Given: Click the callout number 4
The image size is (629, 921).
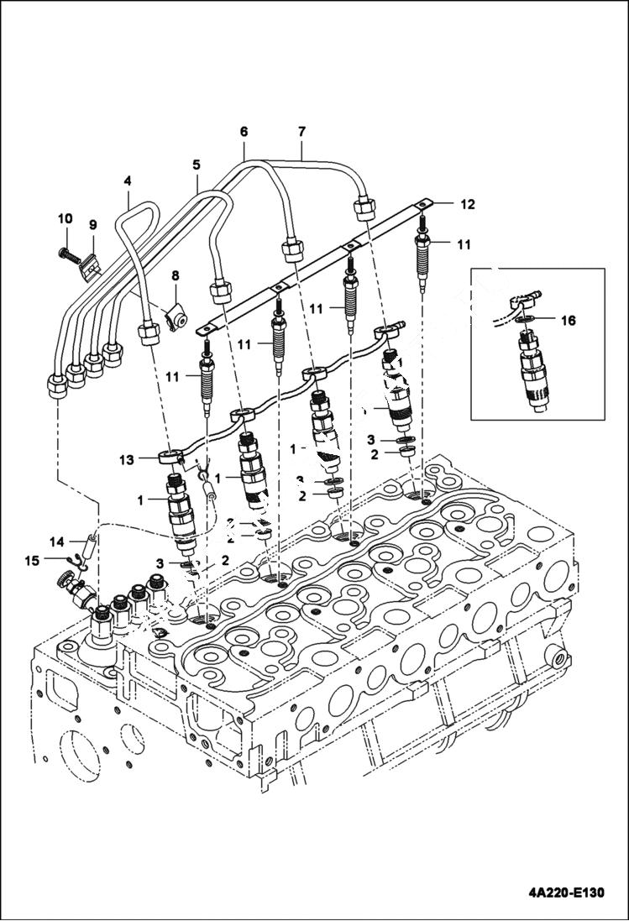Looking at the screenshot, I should pyautogui.click(x=128, y=180).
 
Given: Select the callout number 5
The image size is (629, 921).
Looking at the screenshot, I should pyautogui.click(x=196, y=164).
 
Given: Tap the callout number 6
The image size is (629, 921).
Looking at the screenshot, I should pyautogui.click(x=244, y=132).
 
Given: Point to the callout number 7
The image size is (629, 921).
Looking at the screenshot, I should pyautogui.click(x=301, y=132).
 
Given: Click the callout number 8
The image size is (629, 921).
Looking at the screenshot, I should pyautogui.click(x=176, y=275).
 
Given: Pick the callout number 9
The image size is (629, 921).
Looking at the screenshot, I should pyautogui.click(x=92, y=225).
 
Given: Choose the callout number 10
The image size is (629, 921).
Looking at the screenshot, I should pyautogui.click(x=65, y=218).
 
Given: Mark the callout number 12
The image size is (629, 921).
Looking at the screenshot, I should pyautogui.click(x=466, y=204).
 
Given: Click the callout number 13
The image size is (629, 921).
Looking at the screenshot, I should pyautogui.click(x=127, y=459).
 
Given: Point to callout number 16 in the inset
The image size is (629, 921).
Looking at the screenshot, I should pyautogui.click(x=569, y=320).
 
